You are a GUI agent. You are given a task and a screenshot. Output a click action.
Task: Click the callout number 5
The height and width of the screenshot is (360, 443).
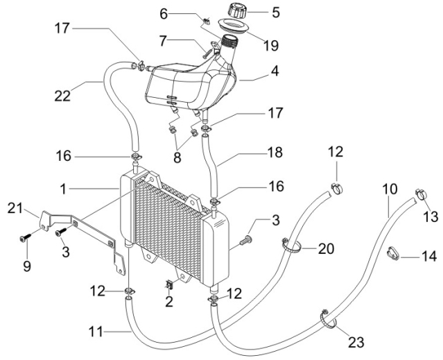pos(275,12)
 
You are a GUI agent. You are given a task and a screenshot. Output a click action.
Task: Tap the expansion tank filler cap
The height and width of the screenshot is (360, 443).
pos(237,10)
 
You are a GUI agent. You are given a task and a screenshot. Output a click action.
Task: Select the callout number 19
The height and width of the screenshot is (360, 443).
pos(270,46)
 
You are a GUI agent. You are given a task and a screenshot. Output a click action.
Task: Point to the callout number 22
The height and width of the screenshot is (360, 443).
pos(62,96)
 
